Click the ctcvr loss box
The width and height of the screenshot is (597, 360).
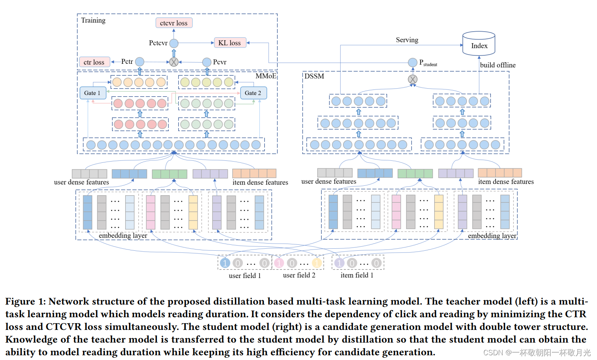(x=174, y=23)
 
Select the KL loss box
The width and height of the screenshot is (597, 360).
(x=230, y=43)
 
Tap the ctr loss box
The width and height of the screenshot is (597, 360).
(x=94, y=62)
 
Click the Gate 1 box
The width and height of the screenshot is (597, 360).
(x=93, y=93)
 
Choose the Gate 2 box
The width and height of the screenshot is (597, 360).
(x=253, y=93)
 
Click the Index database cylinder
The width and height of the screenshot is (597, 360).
(x=479, y=44)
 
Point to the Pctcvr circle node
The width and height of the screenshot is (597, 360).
(x=174, y=43)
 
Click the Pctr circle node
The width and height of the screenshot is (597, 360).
(x=140, y=62)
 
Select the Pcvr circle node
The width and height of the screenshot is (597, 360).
(x=207, y=62)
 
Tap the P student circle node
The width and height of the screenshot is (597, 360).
(x=412, y=62)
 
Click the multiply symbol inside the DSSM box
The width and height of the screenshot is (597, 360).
(x=412, y=79)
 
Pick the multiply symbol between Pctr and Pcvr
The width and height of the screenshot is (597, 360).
(x=174, y=62)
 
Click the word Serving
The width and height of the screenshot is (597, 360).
(x=407, y=40)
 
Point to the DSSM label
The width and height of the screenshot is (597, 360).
(x=314, y=76)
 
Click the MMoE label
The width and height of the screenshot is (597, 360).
(x=266, y=76)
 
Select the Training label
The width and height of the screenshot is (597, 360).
(x=93, y=21)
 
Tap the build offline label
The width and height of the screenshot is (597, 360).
(x=498, y=65)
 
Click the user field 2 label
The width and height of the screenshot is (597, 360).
(x=299, y=275)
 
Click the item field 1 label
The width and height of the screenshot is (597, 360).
(x=357, y=275)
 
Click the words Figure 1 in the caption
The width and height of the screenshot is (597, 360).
(x=25, y=301)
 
